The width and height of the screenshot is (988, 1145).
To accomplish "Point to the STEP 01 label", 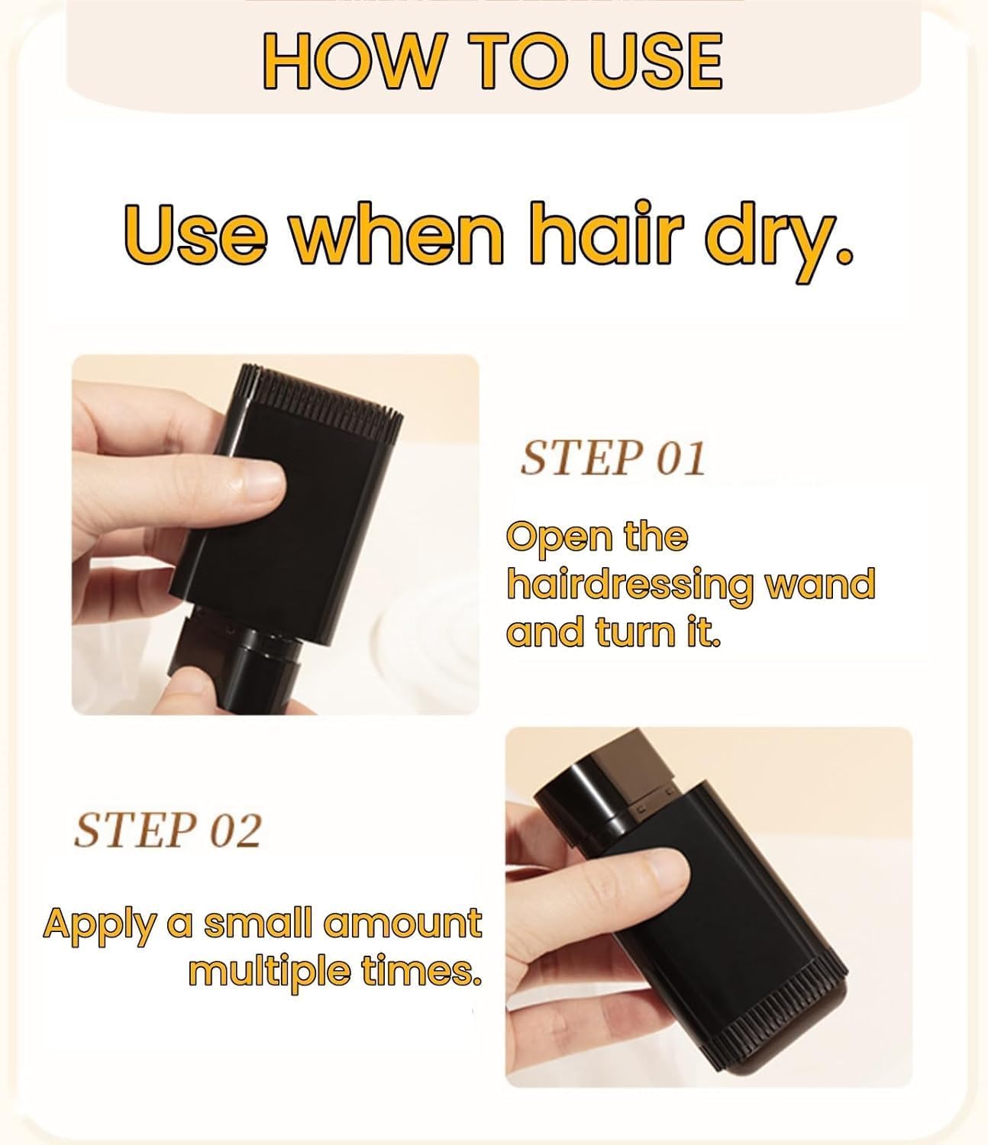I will [x=611, y=459].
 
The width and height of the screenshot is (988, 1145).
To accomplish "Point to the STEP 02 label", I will [x=167, y=830].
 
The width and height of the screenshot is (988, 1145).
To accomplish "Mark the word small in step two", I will [x=257, y=924].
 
